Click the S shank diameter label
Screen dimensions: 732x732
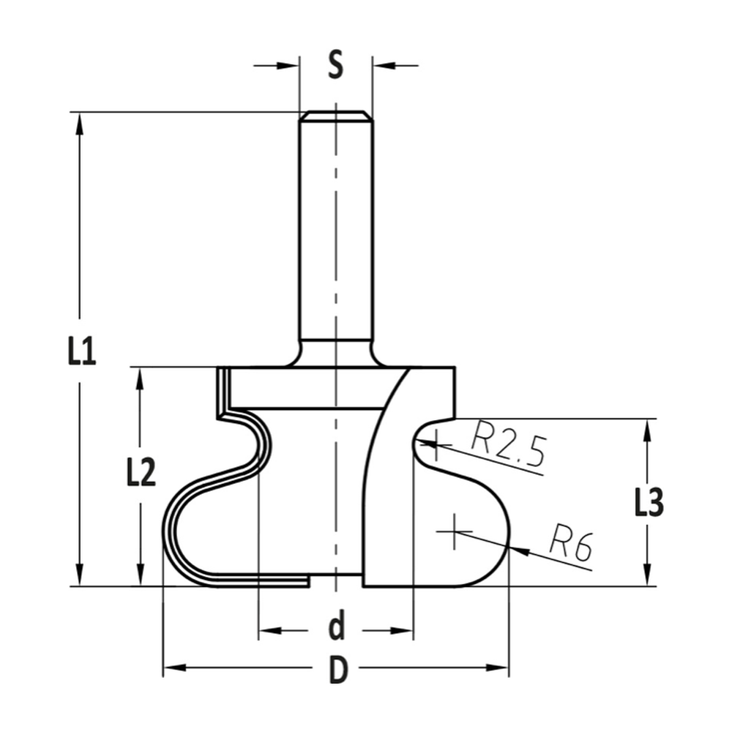(x=335, y=66)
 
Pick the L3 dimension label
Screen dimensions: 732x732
(x=647, y=503)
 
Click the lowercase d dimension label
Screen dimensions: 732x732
(x=336, y=627)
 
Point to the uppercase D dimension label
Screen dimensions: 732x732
(x=336, y=669)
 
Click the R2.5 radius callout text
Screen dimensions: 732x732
(x=508, y=445)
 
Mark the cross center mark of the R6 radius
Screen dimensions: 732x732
(x=455, y=531)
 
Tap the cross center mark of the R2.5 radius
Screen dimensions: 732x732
(x=435, y=442)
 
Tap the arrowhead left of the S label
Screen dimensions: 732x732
(x=291, y=66)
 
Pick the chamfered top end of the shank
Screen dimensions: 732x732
(x=336, y=115)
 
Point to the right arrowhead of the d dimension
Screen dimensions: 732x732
(x=405, y=630)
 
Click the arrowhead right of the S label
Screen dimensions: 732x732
(x=381, y=66)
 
